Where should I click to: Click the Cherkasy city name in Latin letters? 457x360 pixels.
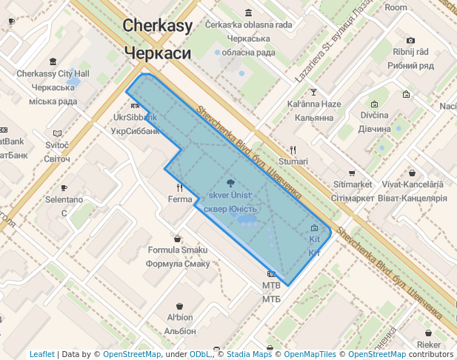click(158, 26)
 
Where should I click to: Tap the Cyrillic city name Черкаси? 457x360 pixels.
click(158, 53)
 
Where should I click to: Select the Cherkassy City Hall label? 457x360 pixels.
click(53, 74)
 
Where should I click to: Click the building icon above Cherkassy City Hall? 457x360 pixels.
click(53, 61)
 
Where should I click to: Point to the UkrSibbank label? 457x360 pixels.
click(136, 118)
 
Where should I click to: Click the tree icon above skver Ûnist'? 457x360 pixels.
click(231, 182)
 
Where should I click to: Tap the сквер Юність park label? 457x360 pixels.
click(231, 209)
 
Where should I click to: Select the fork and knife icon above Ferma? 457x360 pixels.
click(180, 188)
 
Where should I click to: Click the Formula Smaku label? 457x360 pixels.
click(178, 250)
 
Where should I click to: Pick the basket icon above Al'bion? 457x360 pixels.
click(180, 305)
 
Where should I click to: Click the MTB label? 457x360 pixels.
click(272, 285)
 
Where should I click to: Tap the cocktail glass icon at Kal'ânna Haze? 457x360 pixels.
click(313, 92)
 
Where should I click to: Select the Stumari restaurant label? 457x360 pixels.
click(293, 161)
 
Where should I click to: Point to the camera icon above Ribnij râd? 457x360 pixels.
click(411, 40)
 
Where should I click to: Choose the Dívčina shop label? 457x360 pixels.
click(374, 116)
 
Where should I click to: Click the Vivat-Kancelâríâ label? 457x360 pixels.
click(413, 184)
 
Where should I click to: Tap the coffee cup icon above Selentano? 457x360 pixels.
click(64, 187)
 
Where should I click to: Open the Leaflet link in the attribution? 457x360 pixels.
click(42, 354)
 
